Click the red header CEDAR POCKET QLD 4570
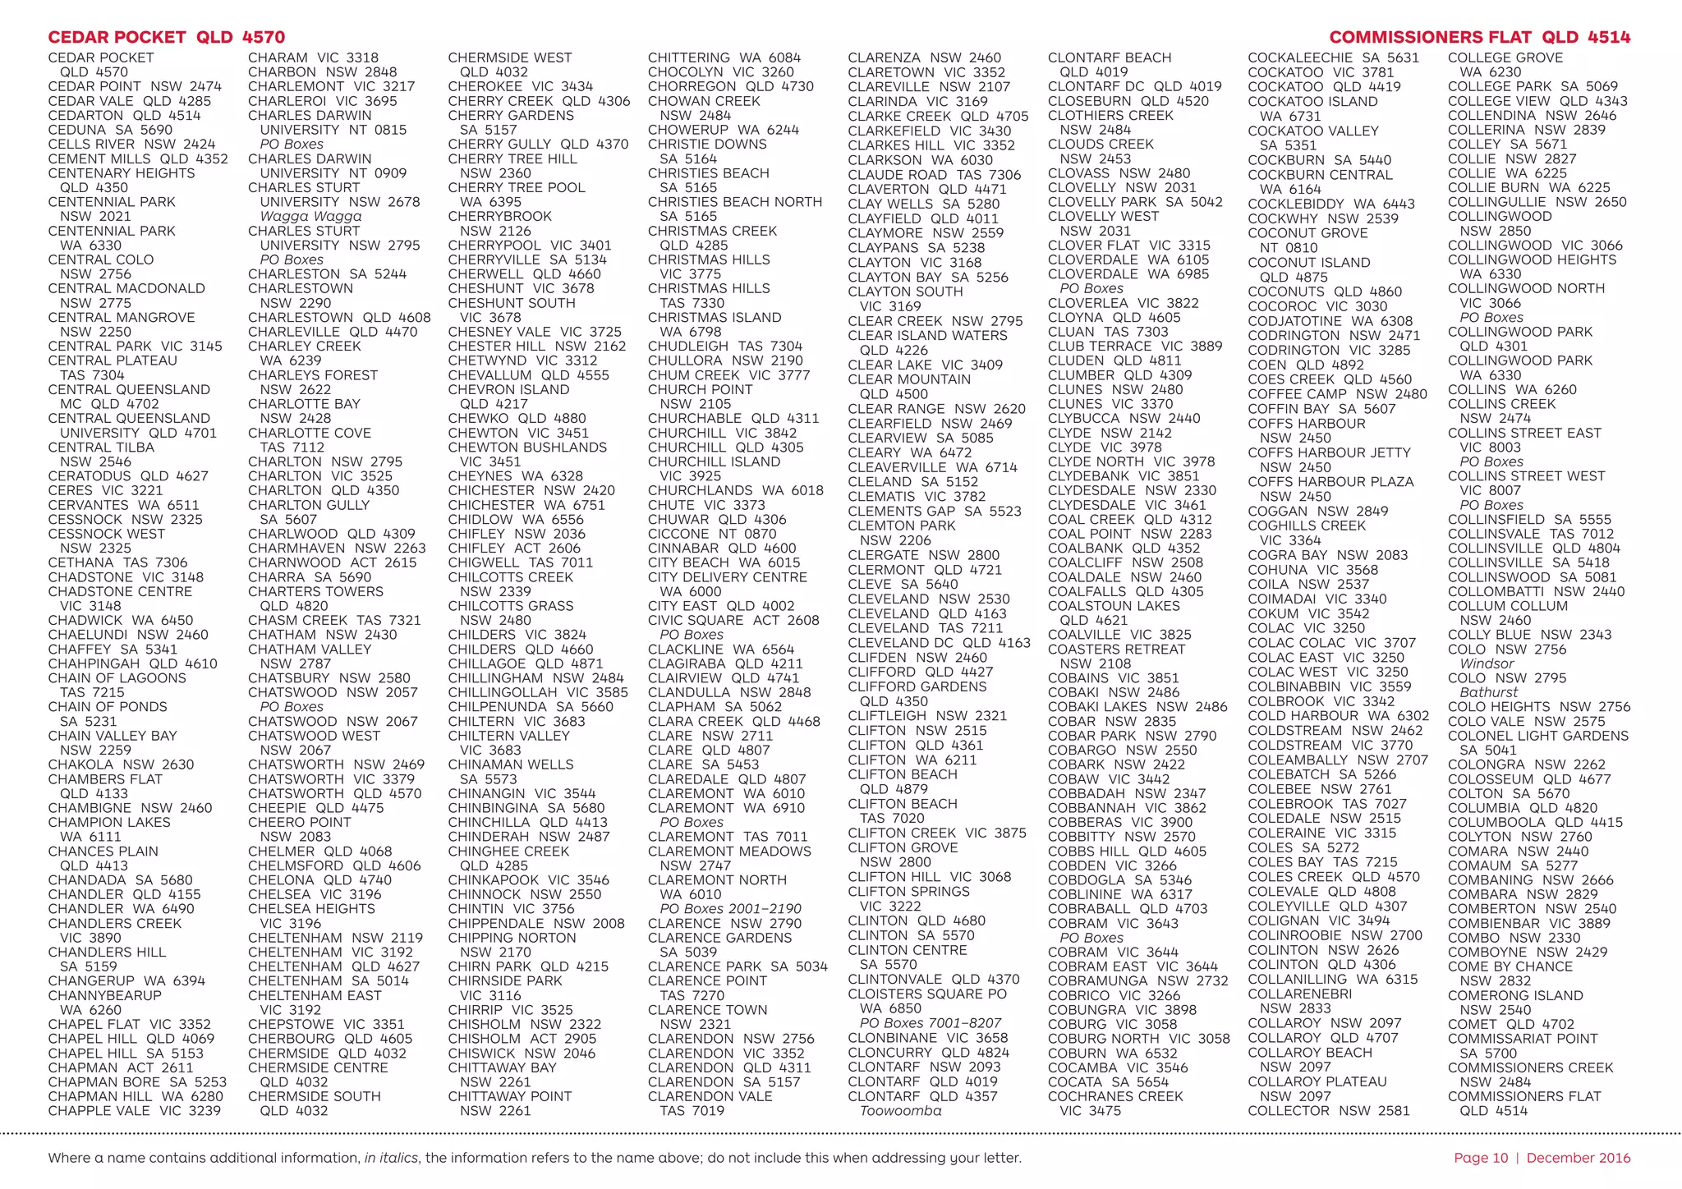[167, 37]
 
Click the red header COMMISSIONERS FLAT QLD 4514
[1479, 37]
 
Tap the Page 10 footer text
[1481, 1158]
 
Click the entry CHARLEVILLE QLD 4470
[333, 332]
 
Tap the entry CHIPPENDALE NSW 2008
[536, 923]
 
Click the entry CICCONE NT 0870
[712, 534]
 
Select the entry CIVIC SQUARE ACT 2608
[733, 620]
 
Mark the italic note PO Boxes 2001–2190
[730, 908]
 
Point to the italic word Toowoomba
[900, 1111]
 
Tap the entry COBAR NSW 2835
[1112, 721]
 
